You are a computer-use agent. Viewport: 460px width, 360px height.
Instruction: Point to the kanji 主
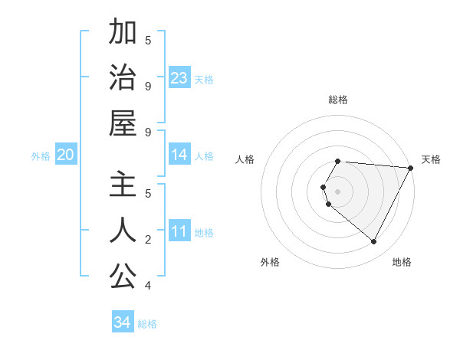coord(123,185)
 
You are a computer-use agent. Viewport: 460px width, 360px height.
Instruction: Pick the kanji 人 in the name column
coord(123,231)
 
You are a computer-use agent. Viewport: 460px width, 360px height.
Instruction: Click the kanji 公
coord(123,277)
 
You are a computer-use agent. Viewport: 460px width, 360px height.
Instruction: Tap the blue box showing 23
coord(179,78)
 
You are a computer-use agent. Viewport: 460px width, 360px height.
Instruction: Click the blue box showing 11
coord(179,232)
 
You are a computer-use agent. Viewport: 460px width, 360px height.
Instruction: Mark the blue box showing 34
coord(122,322)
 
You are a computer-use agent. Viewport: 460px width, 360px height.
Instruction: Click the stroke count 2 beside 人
coord(148,240)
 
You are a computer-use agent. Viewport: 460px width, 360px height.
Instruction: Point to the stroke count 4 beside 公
coord(148,286)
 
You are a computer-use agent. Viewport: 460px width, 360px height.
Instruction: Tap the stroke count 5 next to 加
coord(148,40)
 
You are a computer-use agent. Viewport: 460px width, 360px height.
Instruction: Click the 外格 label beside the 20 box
coord(41,156)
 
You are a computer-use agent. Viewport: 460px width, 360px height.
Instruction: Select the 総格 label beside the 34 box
coord(147,324)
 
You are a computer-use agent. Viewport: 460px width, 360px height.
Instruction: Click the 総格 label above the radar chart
coord(338,100)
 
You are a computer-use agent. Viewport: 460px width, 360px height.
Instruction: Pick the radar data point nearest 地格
coord(374,242)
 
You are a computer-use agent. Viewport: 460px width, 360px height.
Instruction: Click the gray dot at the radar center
coord(338,191)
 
